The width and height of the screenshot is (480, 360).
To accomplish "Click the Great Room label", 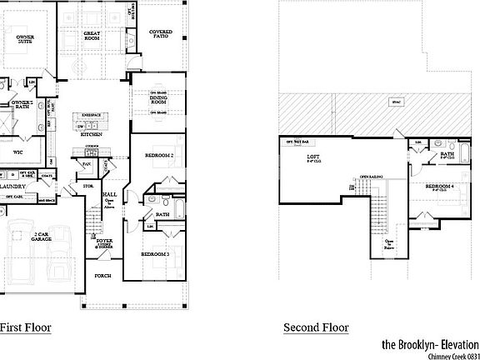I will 92,36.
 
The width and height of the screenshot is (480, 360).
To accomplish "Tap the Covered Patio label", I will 161,34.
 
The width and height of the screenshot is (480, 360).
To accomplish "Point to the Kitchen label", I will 92,133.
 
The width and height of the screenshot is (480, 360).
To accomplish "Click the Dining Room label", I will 158,102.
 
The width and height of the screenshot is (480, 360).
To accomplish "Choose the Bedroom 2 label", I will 159,156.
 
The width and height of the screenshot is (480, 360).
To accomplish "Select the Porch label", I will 102,276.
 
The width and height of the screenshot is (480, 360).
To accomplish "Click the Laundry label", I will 13,187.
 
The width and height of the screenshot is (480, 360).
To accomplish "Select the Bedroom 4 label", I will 441,187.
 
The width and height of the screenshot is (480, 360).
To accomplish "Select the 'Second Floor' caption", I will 315,327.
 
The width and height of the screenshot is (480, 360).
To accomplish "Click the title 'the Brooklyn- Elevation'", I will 430,344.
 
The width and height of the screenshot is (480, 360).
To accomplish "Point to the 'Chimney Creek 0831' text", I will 453,356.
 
